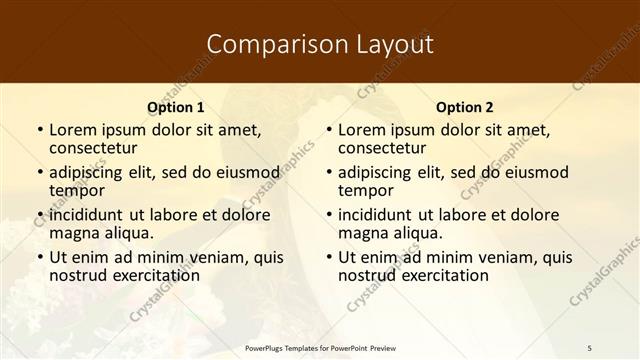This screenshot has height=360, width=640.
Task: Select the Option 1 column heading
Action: pos(175,107)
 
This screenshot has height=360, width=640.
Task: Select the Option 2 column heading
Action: pos(465,107)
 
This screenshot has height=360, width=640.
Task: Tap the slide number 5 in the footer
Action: pos(589,347)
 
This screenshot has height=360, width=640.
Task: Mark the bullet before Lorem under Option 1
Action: pos(40,130)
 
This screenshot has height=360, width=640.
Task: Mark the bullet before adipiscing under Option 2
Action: pos(329,172)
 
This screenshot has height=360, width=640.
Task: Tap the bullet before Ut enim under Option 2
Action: pos(329,257)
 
